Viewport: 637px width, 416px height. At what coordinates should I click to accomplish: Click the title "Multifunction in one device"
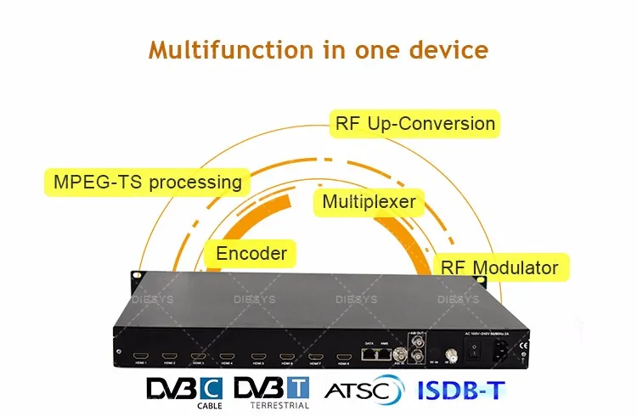[318, 48]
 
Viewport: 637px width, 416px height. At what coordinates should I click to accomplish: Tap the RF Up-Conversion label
[414, 124]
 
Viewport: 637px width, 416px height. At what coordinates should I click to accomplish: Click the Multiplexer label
[369, 202]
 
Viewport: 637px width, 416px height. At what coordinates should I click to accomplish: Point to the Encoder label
[251, 253]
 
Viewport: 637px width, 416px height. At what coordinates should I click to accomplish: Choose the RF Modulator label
[499, 268]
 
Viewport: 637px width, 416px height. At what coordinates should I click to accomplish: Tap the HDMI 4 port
[226, 356]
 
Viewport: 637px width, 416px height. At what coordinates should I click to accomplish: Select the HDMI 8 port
[343, 356]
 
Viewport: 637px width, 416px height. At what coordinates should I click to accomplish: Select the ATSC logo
[361, 391]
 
